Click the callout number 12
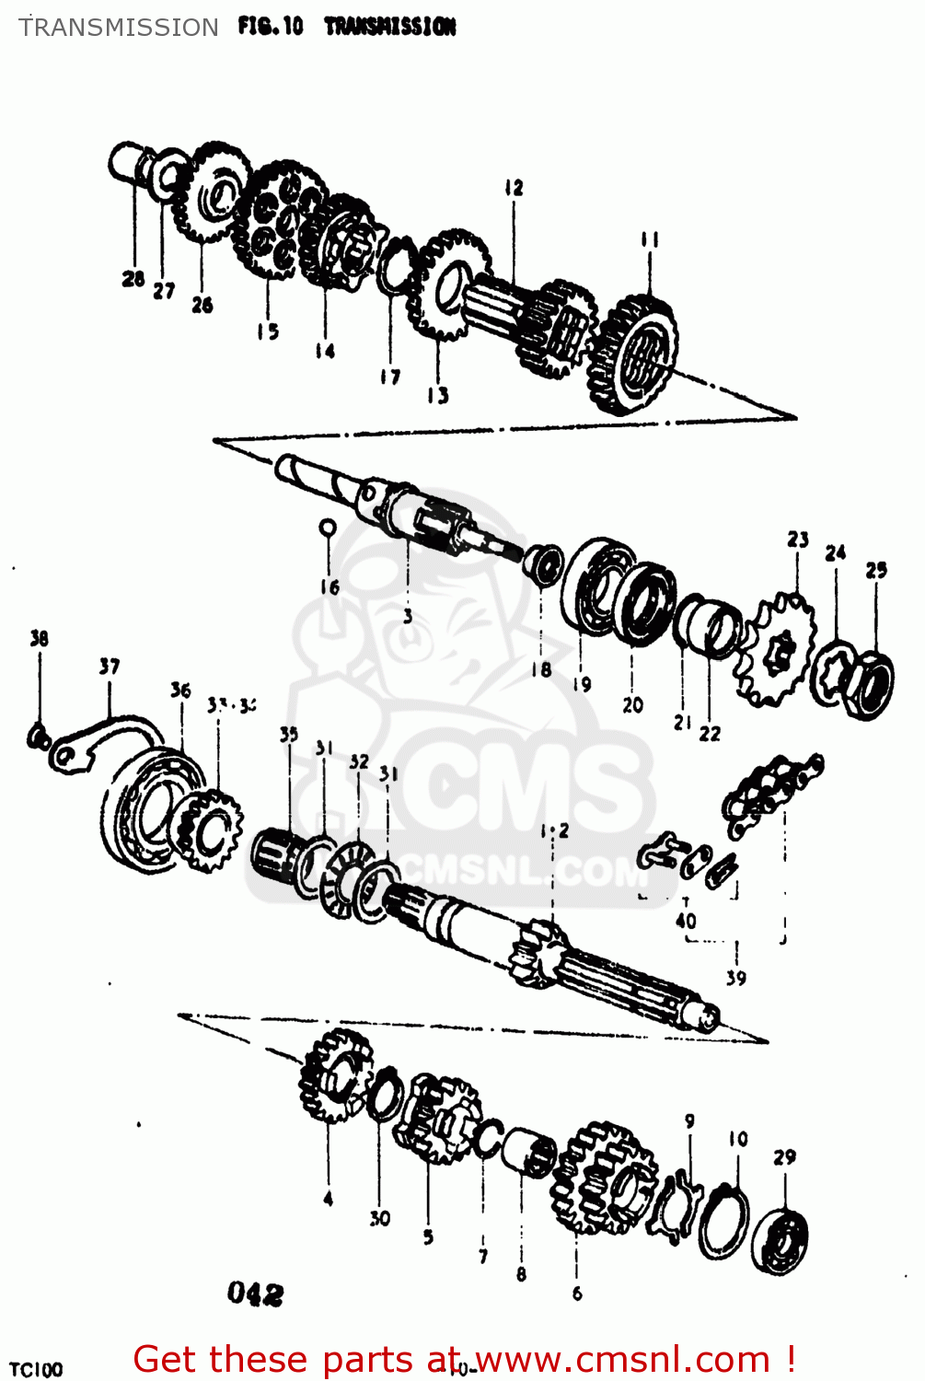[x=514, y=188]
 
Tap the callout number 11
[x=650, y=239]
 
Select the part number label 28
[x=133, y=278]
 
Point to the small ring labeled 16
[x=328, y=527]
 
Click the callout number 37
[x=110, y=666]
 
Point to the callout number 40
[x=686, y=921]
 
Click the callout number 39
[x=735, y=978]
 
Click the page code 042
[x=255, y=1294]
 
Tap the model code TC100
[x=36, y=1368]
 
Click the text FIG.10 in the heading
[x=270, y=27]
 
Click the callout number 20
[x=632, y=705]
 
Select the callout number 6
[x=577, y=1293]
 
